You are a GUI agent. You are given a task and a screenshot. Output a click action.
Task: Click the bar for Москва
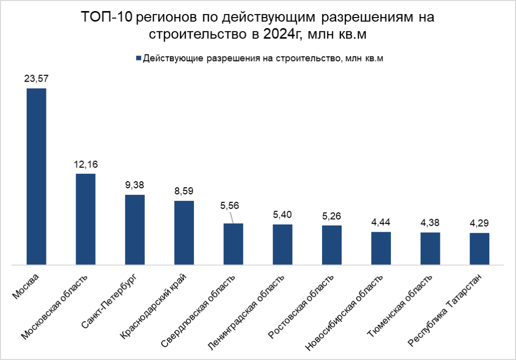click(36, 176)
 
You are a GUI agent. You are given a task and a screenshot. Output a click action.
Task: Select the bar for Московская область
click(86, 219)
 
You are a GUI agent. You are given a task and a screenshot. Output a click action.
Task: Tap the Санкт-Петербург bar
click(135, 229)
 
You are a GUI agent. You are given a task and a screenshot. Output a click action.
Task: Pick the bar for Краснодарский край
click(184, 232)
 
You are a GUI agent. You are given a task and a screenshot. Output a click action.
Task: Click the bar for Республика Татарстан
click(479, 248)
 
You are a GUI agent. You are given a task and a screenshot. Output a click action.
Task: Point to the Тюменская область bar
click(430, 248)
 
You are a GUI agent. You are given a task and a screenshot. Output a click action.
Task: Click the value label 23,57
click(36, 79)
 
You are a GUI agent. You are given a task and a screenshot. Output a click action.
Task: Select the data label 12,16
click(86, 164)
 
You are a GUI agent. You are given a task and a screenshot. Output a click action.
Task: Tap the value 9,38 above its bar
click(135, 185)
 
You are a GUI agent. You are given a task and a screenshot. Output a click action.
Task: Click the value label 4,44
click(381, 222)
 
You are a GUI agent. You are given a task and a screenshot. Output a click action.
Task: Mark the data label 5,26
click(332, 216)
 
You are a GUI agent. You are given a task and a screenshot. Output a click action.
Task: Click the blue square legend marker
click(138, 58)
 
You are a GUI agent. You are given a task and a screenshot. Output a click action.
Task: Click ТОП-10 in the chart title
click(107, 18)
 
